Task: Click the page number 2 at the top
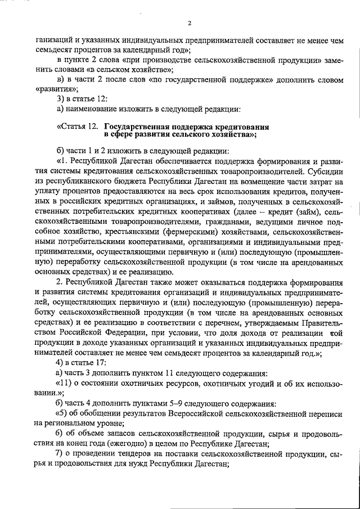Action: coord(190,23)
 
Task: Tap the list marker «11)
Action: coord(66,384)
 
